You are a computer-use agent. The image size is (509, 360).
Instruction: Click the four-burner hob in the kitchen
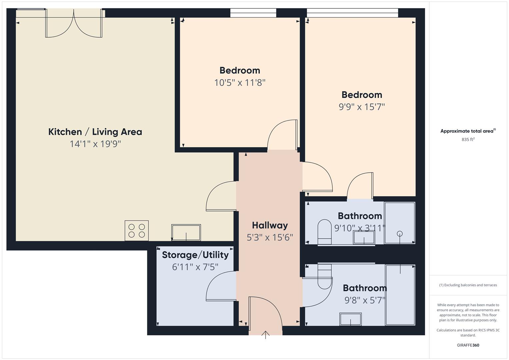pyautogui.click(x=137, y=231)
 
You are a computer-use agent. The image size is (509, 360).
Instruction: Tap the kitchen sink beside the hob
pyautogui.click(x=186, y=232)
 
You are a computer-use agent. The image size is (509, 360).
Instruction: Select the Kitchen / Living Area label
pyautogui.click(x=95, y=132)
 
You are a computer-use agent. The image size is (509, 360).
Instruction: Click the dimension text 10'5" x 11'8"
pyautogui.click(x=240, y=83)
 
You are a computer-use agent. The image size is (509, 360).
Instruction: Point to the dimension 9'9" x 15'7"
pyautogui.click(x=362, y=107)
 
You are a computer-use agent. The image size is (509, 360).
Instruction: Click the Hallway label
pyautogui.click(x=270, y=225)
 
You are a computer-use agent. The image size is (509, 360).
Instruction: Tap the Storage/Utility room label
pyautogui.click(x=195, y=255)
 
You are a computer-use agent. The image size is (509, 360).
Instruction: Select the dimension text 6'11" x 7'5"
pyautogui.click(x=195, y=267)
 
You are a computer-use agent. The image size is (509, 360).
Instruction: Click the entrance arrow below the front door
pyautogui.click(x=265, y=335)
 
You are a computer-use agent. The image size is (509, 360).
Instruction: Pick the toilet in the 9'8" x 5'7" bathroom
pyautogui.click(x=325, y=277)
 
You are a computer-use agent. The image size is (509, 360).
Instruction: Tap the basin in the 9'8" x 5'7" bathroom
pyautogui.click(x=350, y=319)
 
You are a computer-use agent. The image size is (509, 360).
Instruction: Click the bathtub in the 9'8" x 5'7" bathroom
pyautogui.click(x=400, y=295)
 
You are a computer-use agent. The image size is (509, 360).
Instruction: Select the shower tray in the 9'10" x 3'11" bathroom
pyautogui.click(x=399, y=223)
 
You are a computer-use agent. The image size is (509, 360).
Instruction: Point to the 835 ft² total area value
pyautogui.click(x=468, y=140)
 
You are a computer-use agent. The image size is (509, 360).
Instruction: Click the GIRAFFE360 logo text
pyautogui.click(x=468, y=345)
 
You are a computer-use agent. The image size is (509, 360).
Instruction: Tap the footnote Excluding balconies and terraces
pyautogui.click(x=468, y=285)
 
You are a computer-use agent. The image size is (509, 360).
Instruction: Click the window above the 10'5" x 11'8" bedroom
pyautogui.click(x=253, y=13)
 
